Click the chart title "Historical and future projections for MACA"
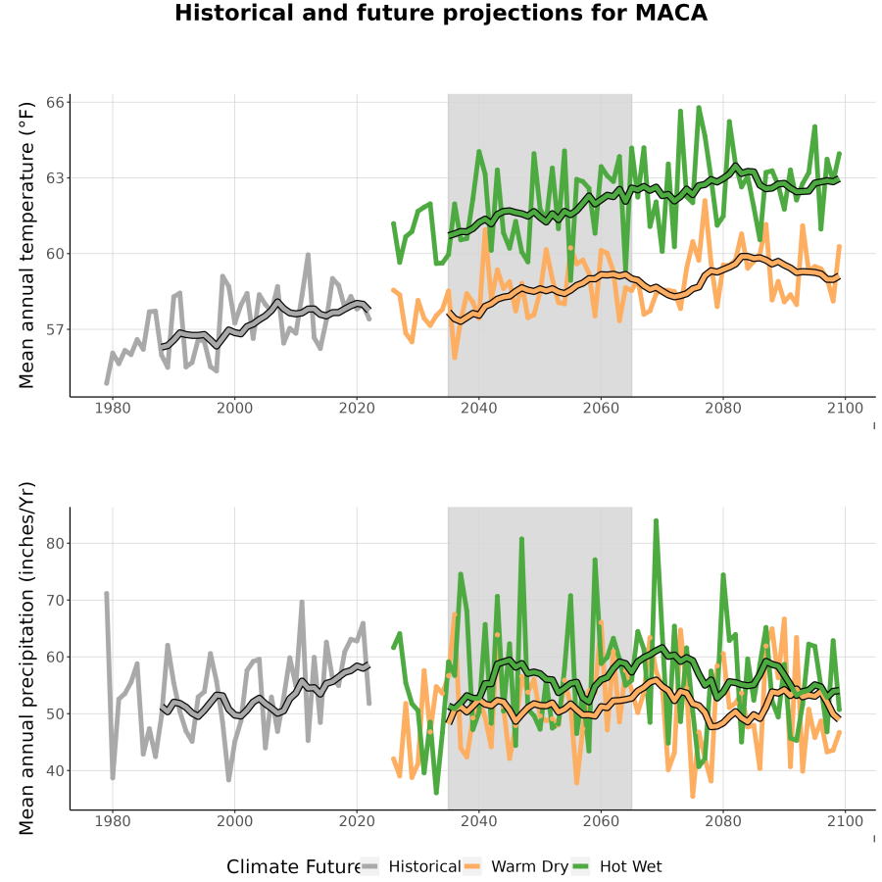pos(440,13)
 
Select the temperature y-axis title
pos(26,245)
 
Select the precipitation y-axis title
pos(26,659)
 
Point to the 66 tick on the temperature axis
pos(56,102)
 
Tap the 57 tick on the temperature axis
pos(56,329)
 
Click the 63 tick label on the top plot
pos(56,178)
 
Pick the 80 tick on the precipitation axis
pos(56,543)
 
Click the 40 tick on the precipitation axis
pos(56,770)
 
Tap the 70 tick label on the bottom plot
pos(56,600)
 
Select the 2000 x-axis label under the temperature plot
pos(234,408)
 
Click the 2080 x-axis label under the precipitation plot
pos(723,821)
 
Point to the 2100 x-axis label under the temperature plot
pos(845,408)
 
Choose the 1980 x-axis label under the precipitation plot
pos(113,821)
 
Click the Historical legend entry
pos(412,866)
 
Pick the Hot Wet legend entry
pos(617,866)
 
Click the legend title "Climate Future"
pos(293,866)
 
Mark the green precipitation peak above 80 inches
pos(656,521)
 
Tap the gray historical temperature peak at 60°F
pos(308,255)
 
